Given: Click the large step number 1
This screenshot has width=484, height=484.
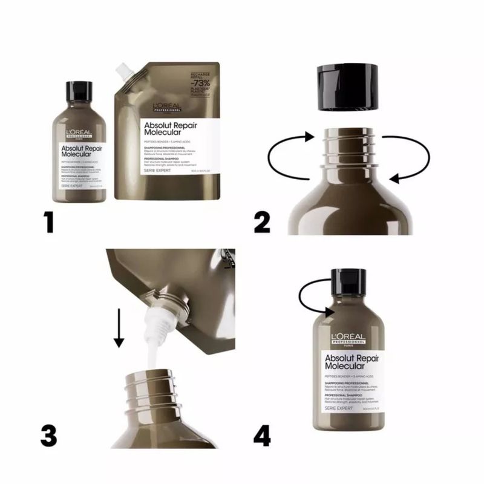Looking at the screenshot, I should pyautogui.click(x=47, y=221).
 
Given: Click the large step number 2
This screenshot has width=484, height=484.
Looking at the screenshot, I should pyautogui.click(x=262, y=221).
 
